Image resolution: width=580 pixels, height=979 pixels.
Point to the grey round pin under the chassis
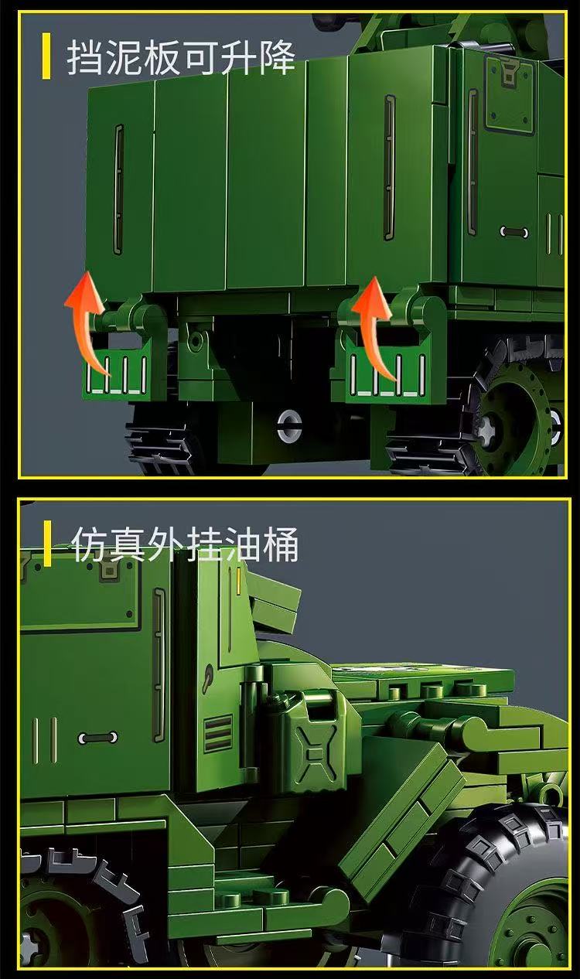pyautogui.click(x=289, y=423)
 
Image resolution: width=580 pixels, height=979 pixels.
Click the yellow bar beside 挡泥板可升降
pyautogui.click(x=46, y=56)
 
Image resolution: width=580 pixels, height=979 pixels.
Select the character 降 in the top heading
pyautogui.click(x=276, y=56)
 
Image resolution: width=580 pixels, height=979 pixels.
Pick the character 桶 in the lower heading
pyautogui.click(x=280, y=544)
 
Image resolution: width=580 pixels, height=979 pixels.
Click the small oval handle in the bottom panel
pyautogui.click(x=97, y=738)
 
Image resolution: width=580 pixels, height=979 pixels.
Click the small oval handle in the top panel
pyautogui.click(x=513, y=231)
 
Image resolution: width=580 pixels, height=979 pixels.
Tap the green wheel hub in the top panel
pyautogui.click(x=510, y=421)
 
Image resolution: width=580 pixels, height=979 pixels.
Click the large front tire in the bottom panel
pyautogui.click(x=495, y=889)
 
